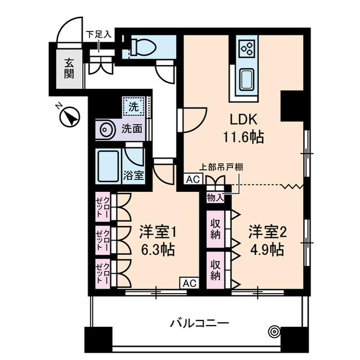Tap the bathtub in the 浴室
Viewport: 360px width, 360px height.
(108, 166)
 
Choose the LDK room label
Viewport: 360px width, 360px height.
(242, 119)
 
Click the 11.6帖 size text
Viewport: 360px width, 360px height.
(242, 136)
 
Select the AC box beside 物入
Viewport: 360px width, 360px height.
(193, 179)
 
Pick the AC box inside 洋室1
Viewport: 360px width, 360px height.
(188, 283)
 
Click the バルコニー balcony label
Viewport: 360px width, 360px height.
(200, 323)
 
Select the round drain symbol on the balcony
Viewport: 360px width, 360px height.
(274, 331)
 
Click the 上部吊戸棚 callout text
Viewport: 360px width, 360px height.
(222, 167)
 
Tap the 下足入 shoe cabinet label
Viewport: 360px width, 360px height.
(99, 34)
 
